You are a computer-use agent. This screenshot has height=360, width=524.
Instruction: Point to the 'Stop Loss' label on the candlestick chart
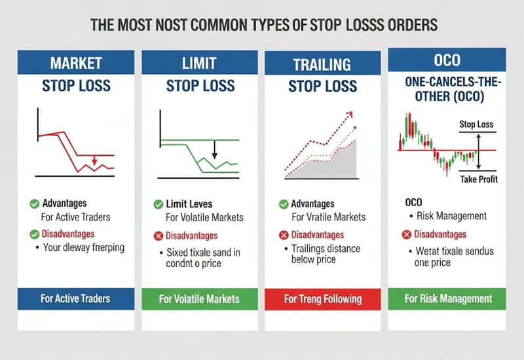click(x=476, y=124)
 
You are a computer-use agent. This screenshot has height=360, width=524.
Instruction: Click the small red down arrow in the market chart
click(x=94, y=160)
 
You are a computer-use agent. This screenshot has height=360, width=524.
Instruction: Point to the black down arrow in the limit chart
click(x=214, y=154)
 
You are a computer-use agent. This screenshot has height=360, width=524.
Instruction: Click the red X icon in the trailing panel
click(x=284, y=235)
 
